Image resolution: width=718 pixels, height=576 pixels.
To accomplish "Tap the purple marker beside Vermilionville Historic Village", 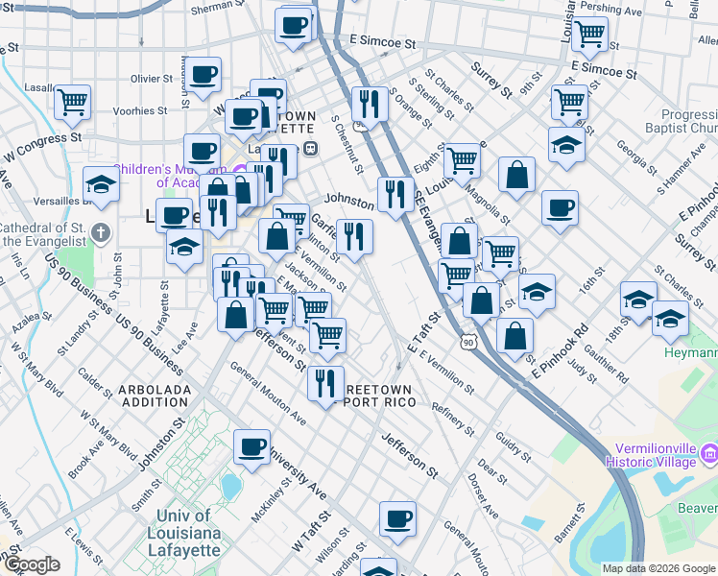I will click(x=708, y=452).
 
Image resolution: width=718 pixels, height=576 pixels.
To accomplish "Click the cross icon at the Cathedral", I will click(x=104, y=231).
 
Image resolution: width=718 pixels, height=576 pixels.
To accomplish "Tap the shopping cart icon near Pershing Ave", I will click(x=589, y=34).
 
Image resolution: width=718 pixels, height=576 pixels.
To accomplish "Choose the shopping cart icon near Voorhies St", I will click(x=72, y=101).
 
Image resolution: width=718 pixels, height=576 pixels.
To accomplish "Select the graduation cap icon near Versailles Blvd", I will click(x=100, y=182).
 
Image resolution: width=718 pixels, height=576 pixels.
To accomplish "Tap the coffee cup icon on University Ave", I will click(x=251, y=445).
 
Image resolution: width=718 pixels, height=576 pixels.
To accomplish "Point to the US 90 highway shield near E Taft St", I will click(x=467, y=342).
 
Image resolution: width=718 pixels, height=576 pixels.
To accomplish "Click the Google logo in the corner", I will click(x=31, y=564).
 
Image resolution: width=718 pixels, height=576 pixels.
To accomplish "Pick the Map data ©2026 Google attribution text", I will click(x=658, y=568).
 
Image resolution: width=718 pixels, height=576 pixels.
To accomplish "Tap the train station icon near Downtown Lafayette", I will click(x=310, y=148).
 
